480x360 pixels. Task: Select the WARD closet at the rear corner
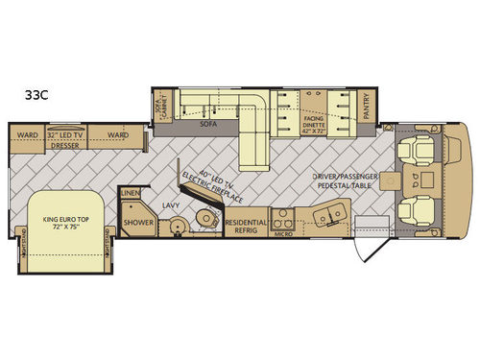click(27, 135)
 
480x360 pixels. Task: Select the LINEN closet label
click(130, 195)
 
